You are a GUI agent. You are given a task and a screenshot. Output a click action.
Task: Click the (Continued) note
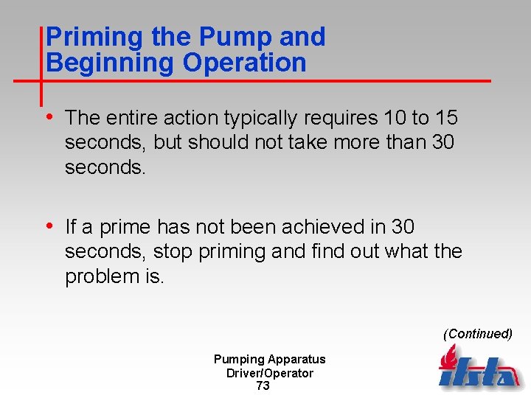pos(478,334)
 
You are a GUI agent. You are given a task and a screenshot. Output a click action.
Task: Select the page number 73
pos(263,385)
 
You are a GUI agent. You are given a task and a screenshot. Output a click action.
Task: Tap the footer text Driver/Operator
pos(269,373)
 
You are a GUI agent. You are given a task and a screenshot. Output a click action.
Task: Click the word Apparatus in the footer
pos(296,360)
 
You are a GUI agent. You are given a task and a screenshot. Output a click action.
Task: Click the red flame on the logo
pos(448,359)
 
